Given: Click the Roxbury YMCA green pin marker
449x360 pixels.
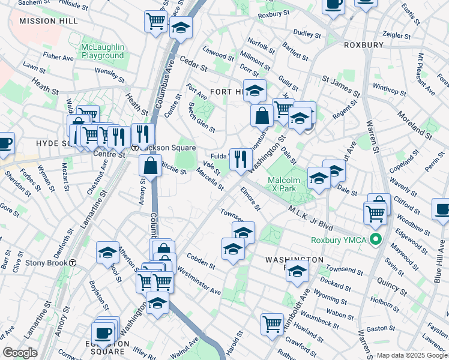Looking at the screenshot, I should [x=376, y=241].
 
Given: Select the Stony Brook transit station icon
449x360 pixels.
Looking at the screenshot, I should [x=73, y=262].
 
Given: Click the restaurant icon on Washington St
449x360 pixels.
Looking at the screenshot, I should [x=240, y=159].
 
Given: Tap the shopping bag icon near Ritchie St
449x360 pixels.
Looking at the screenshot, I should [x=151, y=165].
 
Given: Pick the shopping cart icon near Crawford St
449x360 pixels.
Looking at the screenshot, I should [x=272, y=323].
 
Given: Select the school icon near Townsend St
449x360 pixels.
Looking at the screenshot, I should [x=297, y=271].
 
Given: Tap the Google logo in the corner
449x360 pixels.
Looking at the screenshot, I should [x=20, y=353].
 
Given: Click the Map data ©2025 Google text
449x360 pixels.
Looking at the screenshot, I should [x=411, y=355].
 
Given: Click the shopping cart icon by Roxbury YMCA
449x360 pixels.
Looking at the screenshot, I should [x=375, y=212].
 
